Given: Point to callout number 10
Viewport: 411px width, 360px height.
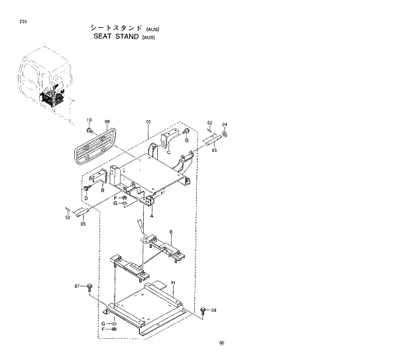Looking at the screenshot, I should point(89,120).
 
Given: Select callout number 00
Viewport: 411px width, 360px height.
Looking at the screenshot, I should point(148,122).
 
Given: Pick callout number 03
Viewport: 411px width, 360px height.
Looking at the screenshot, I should point(214,150).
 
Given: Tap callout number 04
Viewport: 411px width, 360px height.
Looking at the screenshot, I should point(224,125).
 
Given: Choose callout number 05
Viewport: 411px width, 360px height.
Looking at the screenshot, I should point(83,224).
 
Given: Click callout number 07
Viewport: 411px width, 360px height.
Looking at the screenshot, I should point(78,286).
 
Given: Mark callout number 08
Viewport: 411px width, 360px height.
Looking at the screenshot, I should point(214,310).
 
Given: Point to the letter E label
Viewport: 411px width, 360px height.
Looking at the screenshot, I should point(170,232).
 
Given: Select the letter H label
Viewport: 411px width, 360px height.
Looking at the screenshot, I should point(173,282).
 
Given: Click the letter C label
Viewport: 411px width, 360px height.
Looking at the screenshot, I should point(168,153).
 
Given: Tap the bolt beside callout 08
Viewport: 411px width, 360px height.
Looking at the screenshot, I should point(204,310).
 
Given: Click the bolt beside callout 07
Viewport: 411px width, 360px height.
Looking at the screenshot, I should point(89,286).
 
